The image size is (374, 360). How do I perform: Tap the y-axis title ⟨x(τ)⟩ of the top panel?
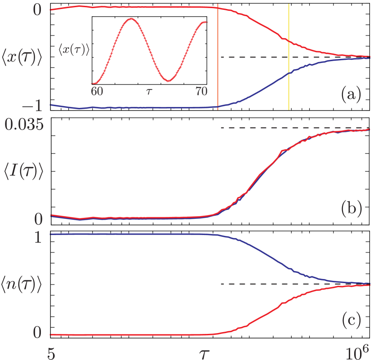tap(22, 58)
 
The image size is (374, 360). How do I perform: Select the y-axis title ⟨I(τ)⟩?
tap(22, 172)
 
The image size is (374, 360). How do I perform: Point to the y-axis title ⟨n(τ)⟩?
tap(22, 286)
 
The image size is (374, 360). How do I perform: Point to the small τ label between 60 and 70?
tap(149, 92)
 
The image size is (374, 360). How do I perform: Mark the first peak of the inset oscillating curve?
tap(131, 19)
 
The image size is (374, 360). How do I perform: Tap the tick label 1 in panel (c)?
tap(38, 236)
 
